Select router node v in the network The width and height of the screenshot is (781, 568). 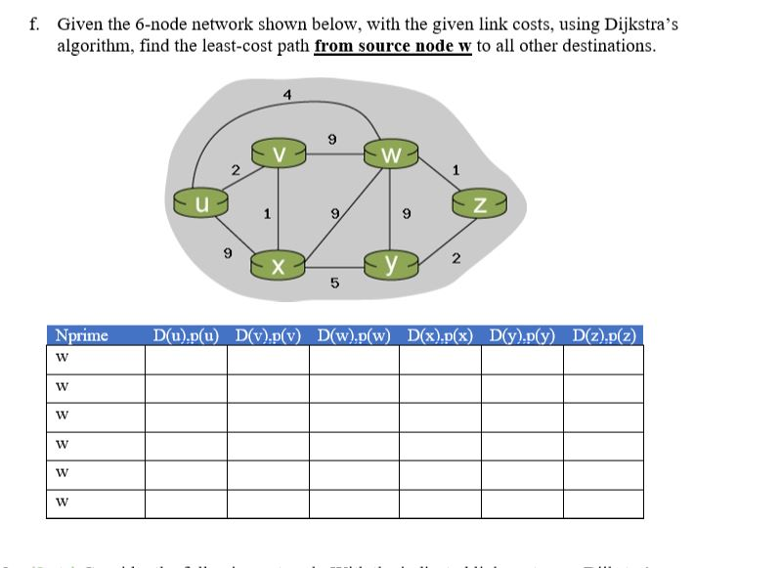[x=279, y=153]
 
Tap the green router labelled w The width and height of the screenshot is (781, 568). [x=391, y=154]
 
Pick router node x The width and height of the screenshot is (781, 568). [x=279, y=266]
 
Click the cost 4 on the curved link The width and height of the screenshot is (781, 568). [x=285, y=95]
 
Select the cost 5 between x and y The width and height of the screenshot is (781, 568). [x=334, y=284]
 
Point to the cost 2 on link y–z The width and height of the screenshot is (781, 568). [x=456, y=258]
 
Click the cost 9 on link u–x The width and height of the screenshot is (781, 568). [x=228, y=252]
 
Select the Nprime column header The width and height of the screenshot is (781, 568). [x=83, y=335]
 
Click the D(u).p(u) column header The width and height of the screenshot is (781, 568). [x=186, y=335]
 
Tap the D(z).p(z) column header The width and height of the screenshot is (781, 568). [x=603, y=335]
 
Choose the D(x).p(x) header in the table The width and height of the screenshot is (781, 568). [x=439, y=335]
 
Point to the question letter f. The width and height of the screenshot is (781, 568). [x=35, y=24]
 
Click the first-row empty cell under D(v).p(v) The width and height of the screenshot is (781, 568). [x=268, y=359]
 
